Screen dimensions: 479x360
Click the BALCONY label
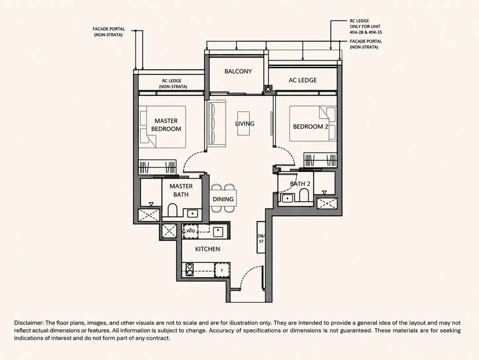pyautogui.click(x=238, y=71)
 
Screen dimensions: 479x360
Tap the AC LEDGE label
pyautogui.click(x=303, y=80)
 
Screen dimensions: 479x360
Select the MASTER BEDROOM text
pyautogui.click(x=166, y=125)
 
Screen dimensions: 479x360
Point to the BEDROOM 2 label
pyautogui.click(x=310, y=127)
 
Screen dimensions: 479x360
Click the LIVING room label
pyautogui.click(x=245, y=124)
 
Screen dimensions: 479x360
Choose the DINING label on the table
pyautogui.click(x=223, y=199)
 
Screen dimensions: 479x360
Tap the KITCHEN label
pyautogui.click(x=208, y=249)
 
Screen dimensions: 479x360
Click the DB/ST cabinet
pyautogui.click(x=261, y=237)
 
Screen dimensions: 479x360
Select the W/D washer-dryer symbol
pyautogui.click(x=191, y=231)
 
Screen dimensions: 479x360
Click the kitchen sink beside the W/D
pyautogui.click(x=219, y=231)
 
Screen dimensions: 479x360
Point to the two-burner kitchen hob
pyautogui.click(x=190, y=269)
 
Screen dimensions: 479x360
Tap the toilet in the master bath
pyautogui.click(x=172, y=211)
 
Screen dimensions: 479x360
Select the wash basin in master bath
pyautogui.click(x=192, y=213)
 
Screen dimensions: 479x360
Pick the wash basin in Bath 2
pyautogui.click(x=287, y=198)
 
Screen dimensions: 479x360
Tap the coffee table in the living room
pyautogui.click(x=243, y=124)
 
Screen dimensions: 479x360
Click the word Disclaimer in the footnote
pyautogui.click(x=29, y=323)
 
